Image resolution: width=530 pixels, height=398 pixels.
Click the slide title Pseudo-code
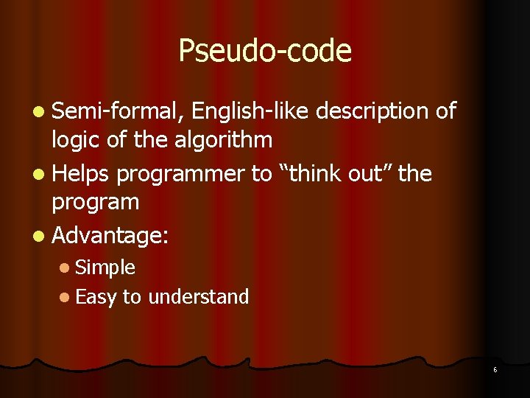265,51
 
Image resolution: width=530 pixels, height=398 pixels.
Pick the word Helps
80,174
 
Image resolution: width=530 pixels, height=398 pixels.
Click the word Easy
96,298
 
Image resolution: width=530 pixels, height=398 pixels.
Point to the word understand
198,297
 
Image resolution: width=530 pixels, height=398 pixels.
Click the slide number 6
495,369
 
